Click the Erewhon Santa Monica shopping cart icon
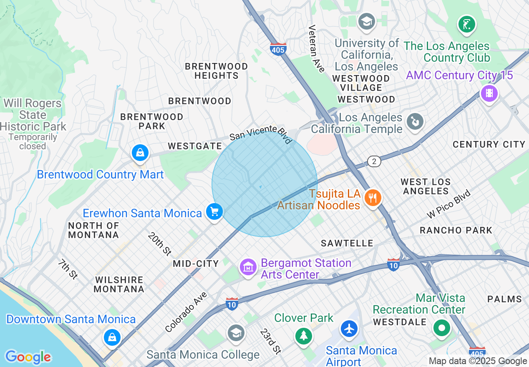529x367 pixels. (x=214, y=212)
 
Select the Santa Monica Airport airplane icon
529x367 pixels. (x=349, y=329)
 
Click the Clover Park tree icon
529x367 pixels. (x=303, y=335)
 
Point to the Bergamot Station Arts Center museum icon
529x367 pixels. (x=248, y=266)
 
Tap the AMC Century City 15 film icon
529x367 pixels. (x=489, y=93)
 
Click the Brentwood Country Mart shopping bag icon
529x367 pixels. (x=141, y=153)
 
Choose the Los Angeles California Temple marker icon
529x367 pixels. (x=415, y=122)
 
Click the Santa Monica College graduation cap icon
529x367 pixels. (x=236, y=332)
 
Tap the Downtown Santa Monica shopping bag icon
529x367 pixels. (x=112, y=337)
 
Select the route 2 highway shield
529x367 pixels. (x=374, y=161)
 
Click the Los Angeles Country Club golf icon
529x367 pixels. (x=467, y=24)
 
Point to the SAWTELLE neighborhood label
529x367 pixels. (x=347, y=243)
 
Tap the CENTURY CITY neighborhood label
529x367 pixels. (x=489, y=144)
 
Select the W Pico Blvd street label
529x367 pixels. (x=448, y=204)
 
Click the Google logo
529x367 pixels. (x=28, y=357)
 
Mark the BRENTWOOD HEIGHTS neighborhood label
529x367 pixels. (x=216, y=71)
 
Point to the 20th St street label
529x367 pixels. (x=159, y=244)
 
